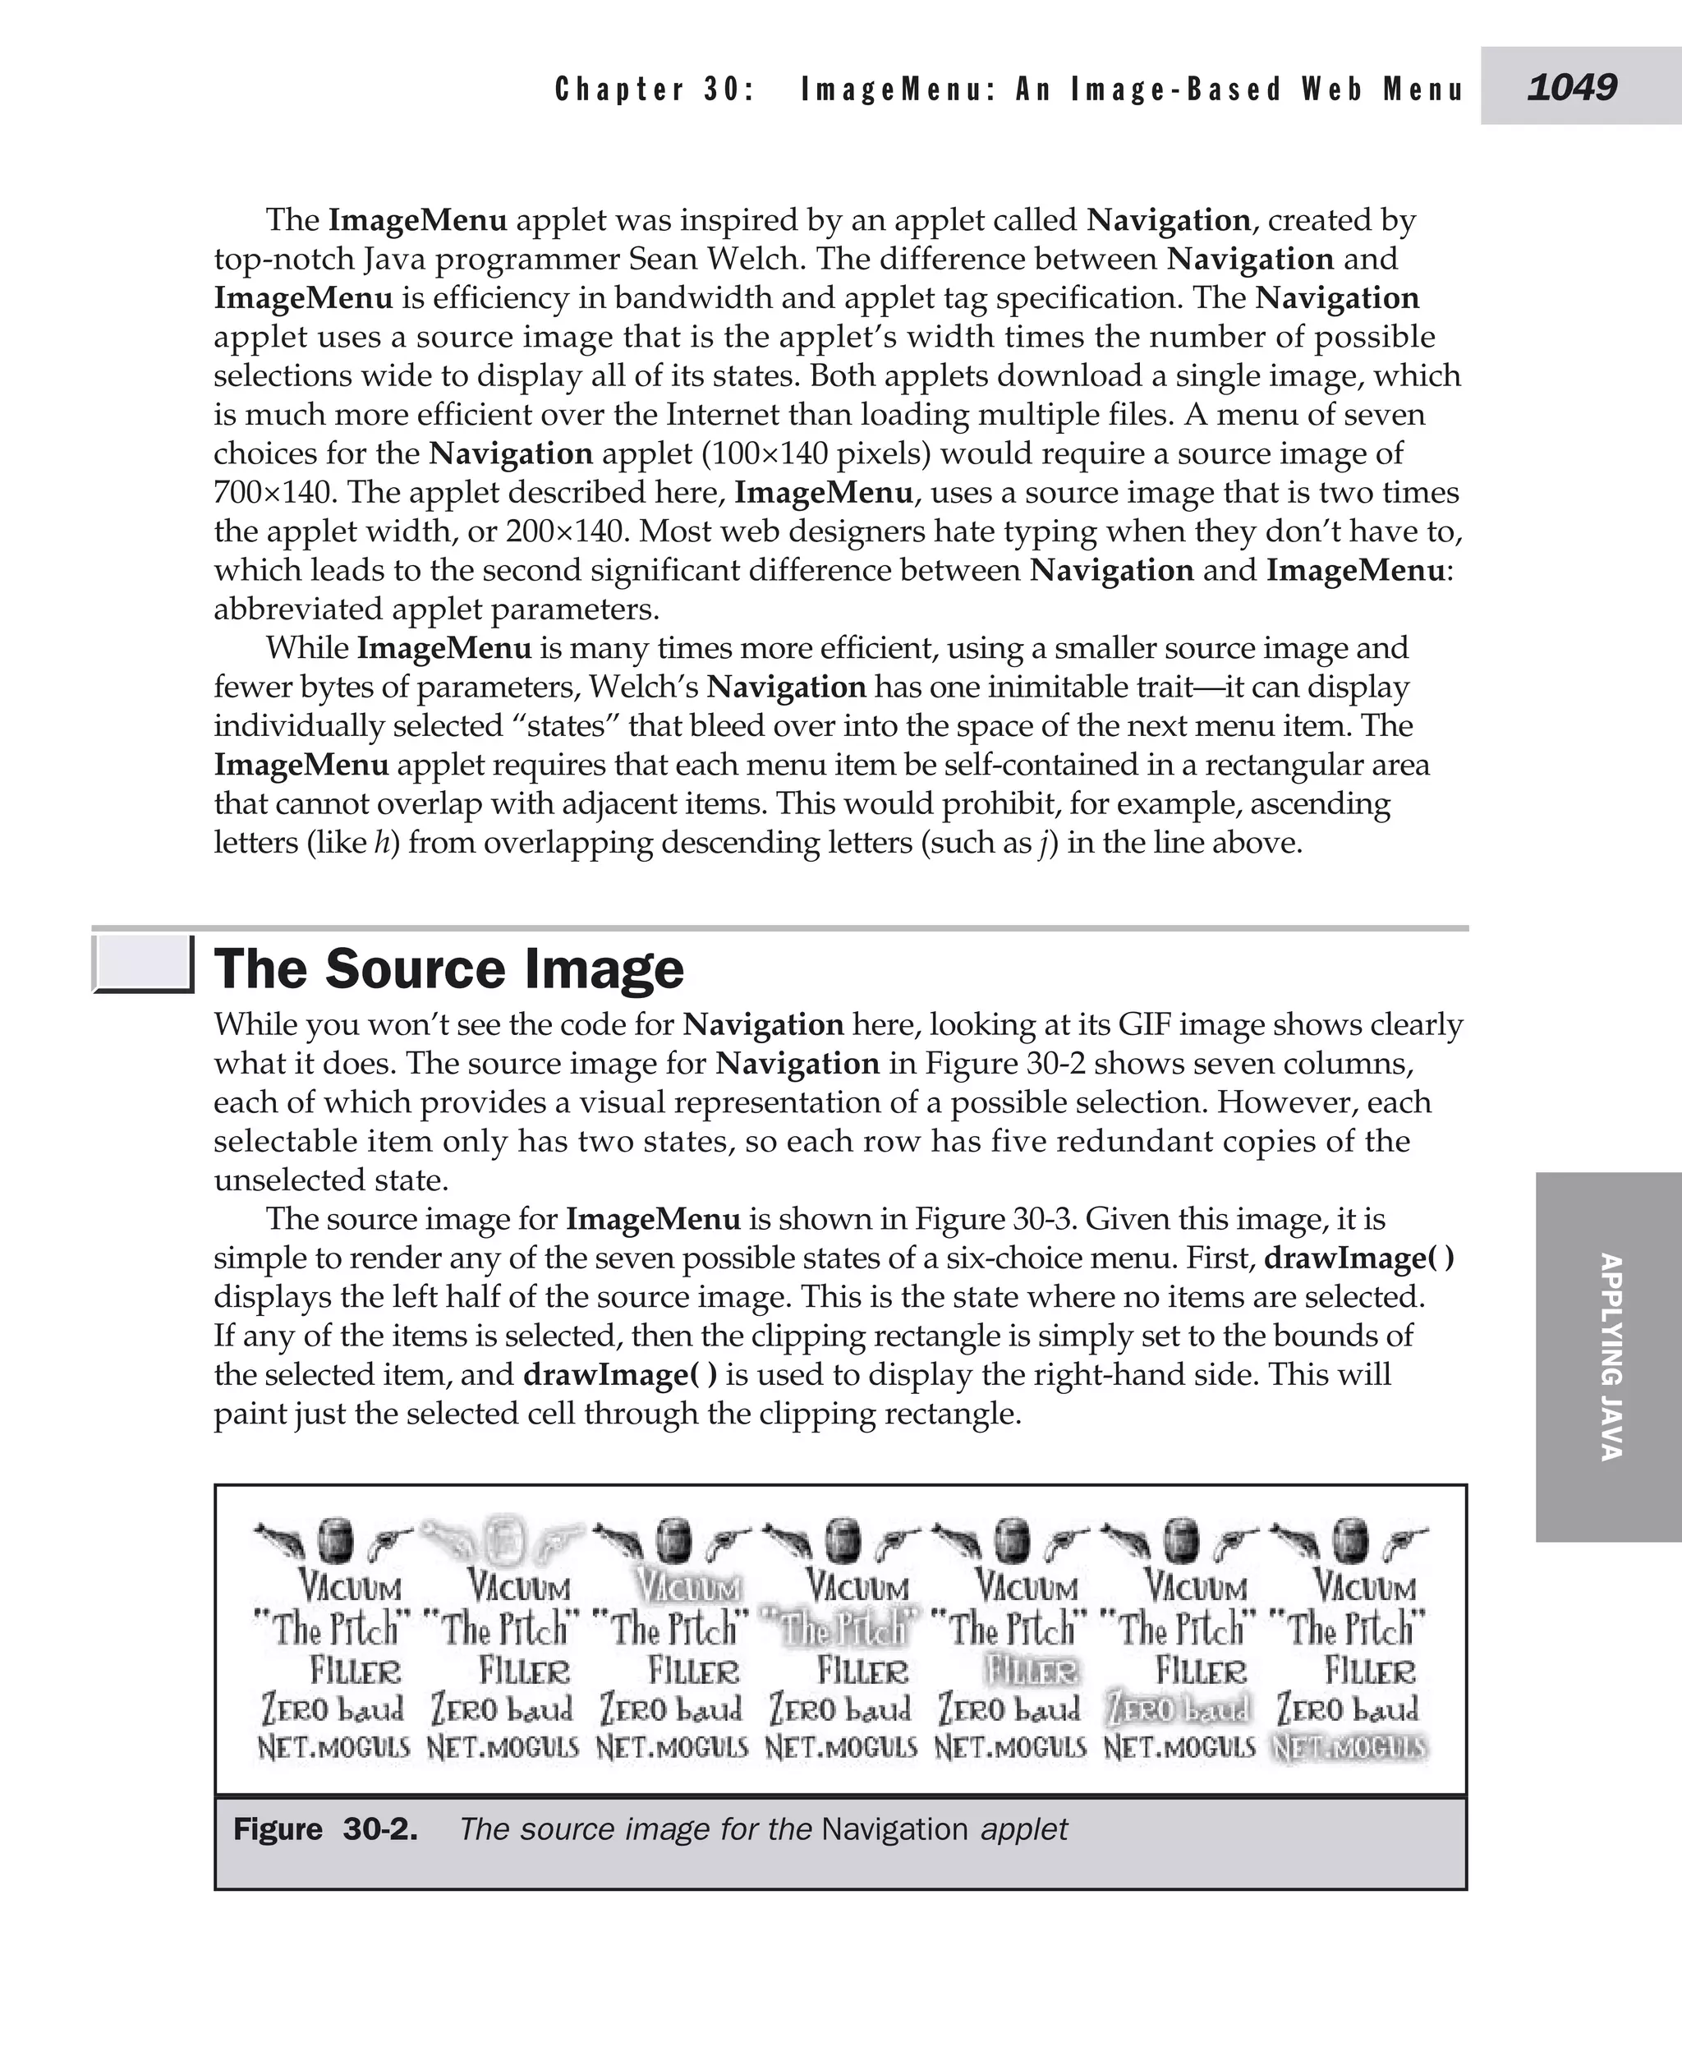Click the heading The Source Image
tap(448, 968)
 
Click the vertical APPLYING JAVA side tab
tap(1608, 1357)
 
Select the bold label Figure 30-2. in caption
tap(325, 1829)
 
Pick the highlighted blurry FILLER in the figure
tap(1031, 1671)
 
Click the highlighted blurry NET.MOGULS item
tap(1349, 1749)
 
